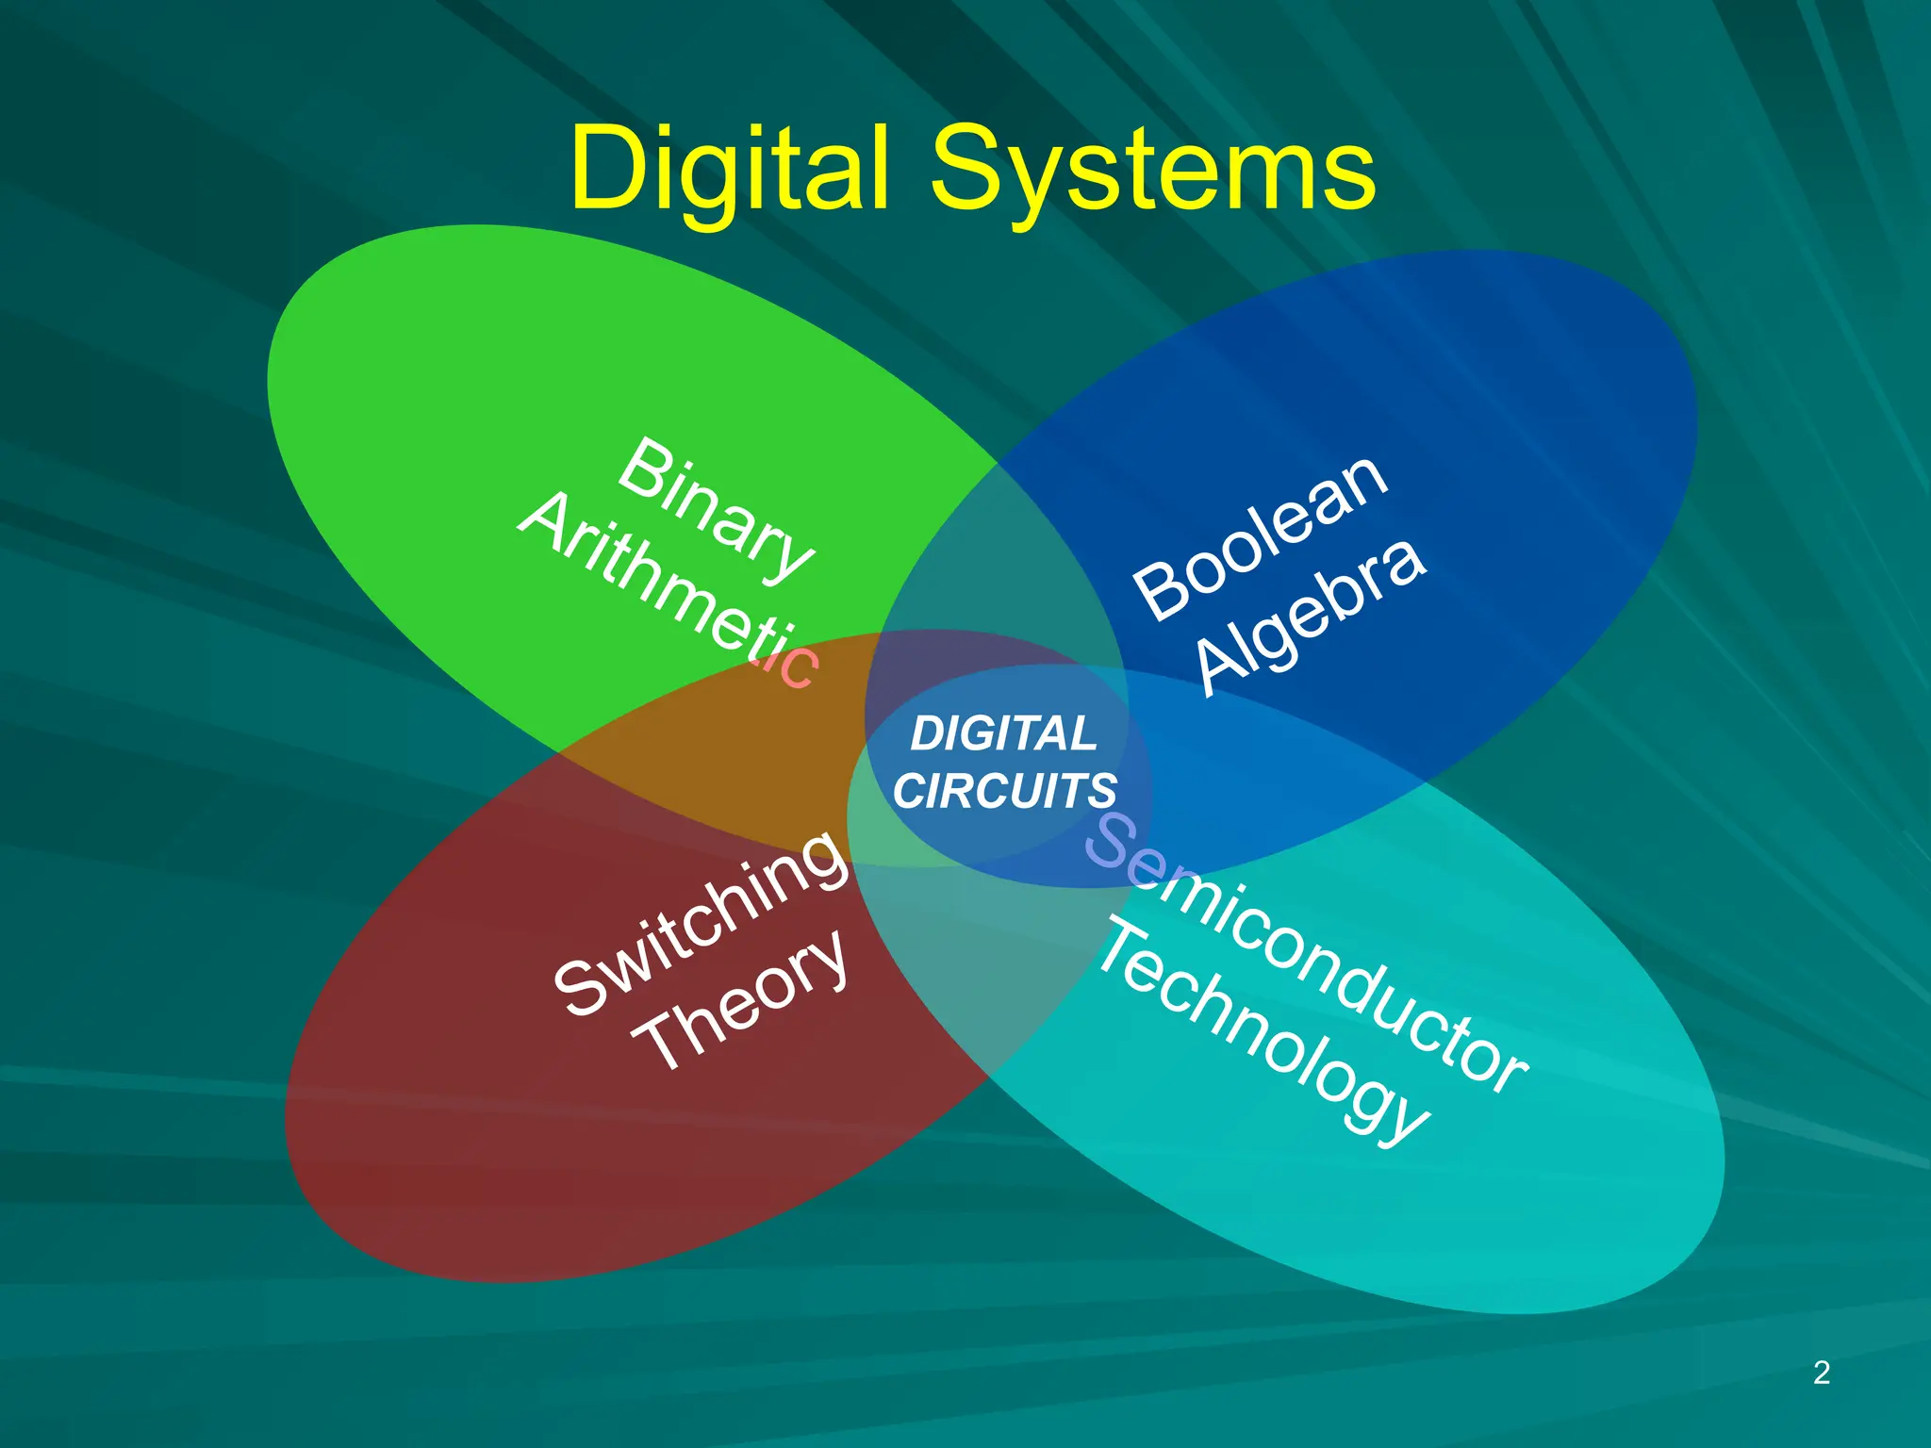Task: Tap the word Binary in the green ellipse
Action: (716, 508)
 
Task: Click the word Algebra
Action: (1312, 618)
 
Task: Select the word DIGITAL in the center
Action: (1003, 733)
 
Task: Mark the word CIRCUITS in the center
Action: (1005, 790)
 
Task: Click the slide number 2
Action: (1822, 1373)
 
